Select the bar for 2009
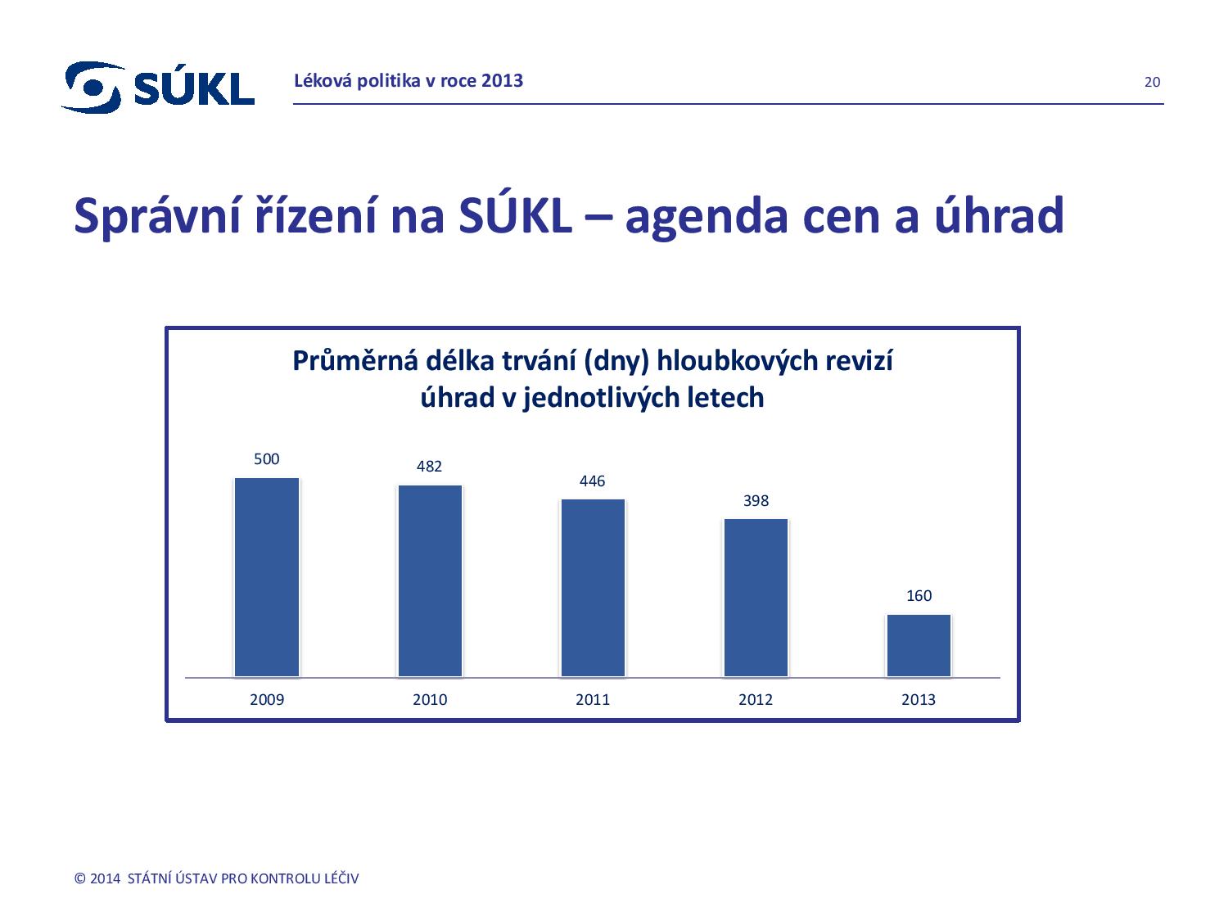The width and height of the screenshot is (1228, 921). coord(267,577)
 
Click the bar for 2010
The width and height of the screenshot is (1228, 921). coord(430,581)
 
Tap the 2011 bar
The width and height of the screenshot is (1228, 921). coord(593,588)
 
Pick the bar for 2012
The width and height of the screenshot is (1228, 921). coord(756,598)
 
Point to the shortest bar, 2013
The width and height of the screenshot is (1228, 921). coord(919,645)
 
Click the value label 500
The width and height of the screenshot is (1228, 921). coord(267,459)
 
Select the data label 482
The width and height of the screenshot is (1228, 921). coord(429,467)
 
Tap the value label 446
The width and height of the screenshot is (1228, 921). coord(592,481)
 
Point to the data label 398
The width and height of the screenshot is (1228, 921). coord(756,501)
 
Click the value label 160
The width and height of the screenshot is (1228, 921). coord(919,596)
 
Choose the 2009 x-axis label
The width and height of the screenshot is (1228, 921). coord(267,700)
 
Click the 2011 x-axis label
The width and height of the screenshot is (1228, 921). coord(593,700)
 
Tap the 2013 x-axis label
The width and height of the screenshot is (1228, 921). coord(919,700)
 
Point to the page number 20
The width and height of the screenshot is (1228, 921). coord(1152,82)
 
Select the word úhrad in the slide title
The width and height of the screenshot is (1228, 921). coord(996,215)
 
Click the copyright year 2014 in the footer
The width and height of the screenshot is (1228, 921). coord(105,879)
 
